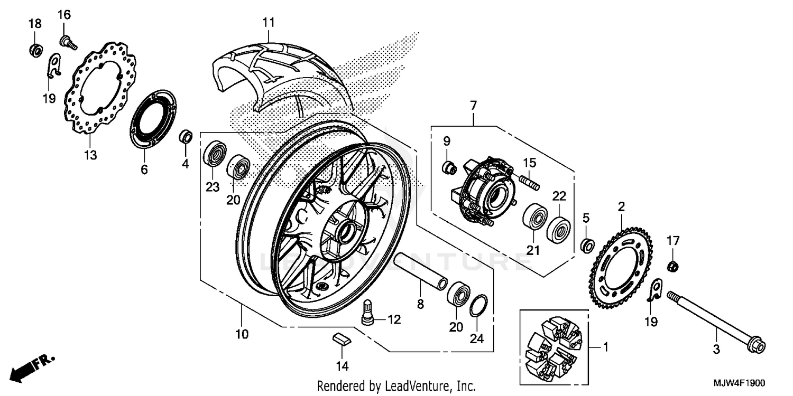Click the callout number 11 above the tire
tap(269, 23)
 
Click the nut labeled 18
tap(34, 50)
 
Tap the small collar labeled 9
tap(448, 168)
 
